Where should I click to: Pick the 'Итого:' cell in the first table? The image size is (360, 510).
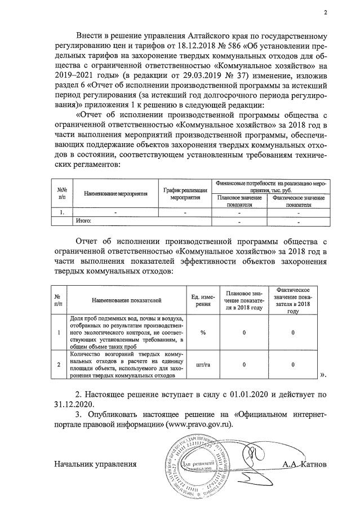[83, 221]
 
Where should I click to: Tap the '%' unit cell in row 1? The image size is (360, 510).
[202, 332]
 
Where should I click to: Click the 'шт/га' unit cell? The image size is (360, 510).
[202, 365]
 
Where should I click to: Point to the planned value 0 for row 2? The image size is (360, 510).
[244, 365]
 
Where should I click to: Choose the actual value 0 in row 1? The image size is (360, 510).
[293, 332]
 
